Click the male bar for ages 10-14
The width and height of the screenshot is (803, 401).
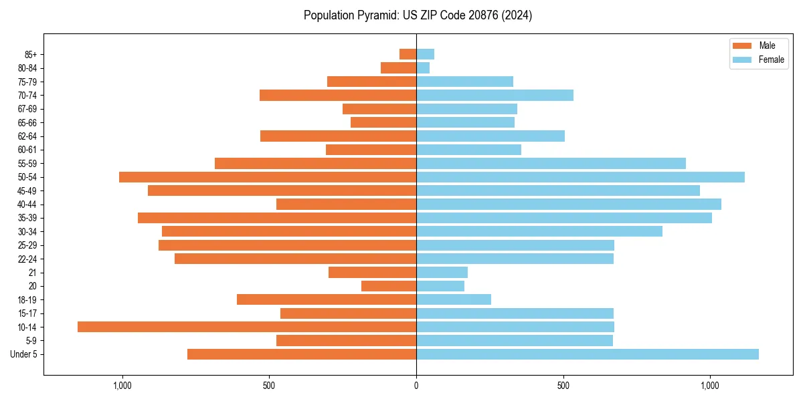(x=247, y=327)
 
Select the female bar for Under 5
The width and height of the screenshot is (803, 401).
(x=588, y=354)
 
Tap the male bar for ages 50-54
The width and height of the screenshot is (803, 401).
(x=268, y=177)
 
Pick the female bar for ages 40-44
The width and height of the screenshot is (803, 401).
(x=569, y=204)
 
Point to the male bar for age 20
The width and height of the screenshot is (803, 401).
(x=389, y=286)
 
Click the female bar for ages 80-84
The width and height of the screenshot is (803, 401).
(x=423, y=68)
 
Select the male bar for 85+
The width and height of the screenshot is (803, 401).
(x=408, y=54)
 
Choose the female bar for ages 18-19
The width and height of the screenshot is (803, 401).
(x=454, y=299)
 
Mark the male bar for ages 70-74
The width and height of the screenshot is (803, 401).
(x=338, y=96)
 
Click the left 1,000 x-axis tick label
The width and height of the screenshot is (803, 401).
(x=122, y=386)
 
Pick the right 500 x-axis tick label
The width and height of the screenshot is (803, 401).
(x=563, y=386)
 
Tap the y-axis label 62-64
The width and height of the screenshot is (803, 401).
(x=27, y=136)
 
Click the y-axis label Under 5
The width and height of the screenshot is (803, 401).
(x=23, y=354)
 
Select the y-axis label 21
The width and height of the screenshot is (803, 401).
(x=33, y=273)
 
